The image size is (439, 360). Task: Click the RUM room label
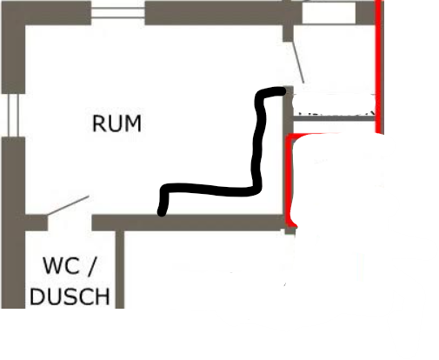click(x=116, y=123)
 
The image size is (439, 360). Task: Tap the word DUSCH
click(x=70, y=297)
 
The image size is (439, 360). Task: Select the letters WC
click(x=61, y=265)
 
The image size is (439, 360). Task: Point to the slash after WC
click(x=90, y=265)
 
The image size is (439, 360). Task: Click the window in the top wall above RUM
click(x=118, y=13)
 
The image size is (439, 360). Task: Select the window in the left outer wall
click(x=13, y=115)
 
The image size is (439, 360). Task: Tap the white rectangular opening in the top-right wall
click(x=329, y=13)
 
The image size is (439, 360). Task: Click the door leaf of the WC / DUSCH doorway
click(x=68, y=205)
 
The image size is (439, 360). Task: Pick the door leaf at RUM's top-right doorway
click(x=298, y=62)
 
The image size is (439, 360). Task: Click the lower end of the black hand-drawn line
click(x=162, y=212)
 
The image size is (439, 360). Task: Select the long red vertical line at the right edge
click(x=379, y=67)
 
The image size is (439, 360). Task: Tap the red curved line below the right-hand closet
click(x=290, y=180)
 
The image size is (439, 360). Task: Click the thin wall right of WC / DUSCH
click(x=120, y=270)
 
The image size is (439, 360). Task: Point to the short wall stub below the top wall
click(x=288, y=33)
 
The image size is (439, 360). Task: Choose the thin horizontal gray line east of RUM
click(x=334, y=118)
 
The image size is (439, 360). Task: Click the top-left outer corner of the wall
click(x=2, y=2)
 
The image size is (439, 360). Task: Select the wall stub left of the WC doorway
click(x=36, y=223)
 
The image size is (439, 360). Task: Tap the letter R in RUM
click(x=98, y=123)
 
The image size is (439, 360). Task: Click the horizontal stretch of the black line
click(x=210, y=190)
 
